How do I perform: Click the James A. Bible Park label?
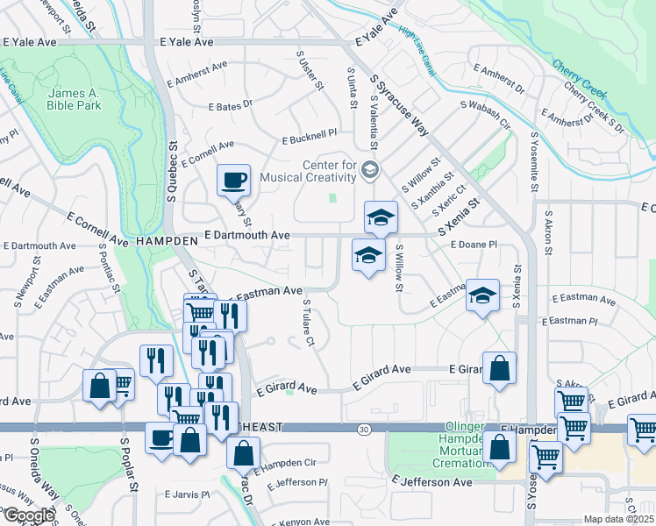click(75, 99)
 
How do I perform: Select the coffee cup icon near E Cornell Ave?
click(233, 181)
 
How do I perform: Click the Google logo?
click(28, 515)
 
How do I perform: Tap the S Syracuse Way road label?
click(399, 104)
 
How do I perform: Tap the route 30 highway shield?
click(363, 430)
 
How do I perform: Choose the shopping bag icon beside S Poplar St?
click(99, 385)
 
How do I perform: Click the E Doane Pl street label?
click(474, 246)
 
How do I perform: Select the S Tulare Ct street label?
click(306, 323)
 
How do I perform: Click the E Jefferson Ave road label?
click(432, 481)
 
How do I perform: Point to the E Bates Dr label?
click(230, 104)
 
